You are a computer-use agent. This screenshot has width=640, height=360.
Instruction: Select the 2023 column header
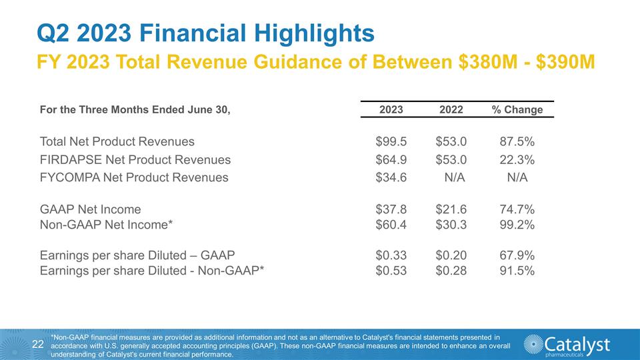click(391, 109)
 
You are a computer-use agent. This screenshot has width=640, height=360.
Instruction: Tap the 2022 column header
click(451, 109)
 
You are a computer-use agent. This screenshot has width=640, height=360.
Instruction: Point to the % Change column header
click(517, 109)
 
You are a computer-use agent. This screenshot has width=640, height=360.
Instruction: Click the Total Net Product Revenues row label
click(117, 141)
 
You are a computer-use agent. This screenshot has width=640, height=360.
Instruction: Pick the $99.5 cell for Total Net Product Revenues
click(391, 141)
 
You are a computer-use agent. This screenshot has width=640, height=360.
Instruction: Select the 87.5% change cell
click(517, 141)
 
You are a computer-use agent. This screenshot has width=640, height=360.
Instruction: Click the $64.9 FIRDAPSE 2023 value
click(391, 159)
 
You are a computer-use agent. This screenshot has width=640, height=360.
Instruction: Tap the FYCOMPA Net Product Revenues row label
click(134, 177)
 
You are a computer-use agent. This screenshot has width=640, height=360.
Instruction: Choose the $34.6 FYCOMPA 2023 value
click(391, 177)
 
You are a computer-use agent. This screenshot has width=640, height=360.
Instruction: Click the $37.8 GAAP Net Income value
click(391, 210)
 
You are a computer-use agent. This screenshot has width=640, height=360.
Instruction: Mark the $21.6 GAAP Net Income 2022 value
click(451, 210)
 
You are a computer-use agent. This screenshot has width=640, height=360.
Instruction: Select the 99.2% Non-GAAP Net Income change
click(517, 225)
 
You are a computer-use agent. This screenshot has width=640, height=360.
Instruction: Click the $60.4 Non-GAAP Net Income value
click(391, 225)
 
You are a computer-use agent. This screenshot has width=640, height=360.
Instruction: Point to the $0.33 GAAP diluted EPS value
click(391, 255)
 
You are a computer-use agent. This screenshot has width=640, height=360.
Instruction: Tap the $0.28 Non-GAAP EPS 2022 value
click(451, 270)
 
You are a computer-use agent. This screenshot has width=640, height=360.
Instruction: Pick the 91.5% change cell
click(517, 270)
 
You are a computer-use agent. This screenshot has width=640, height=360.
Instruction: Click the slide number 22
click(38, 344)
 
